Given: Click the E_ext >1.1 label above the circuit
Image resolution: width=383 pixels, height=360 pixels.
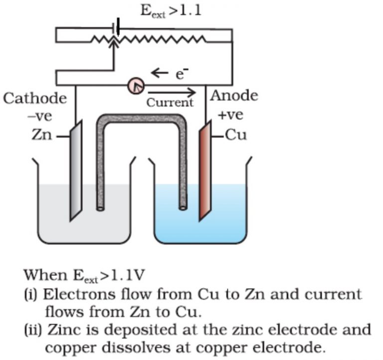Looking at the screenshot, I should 171,10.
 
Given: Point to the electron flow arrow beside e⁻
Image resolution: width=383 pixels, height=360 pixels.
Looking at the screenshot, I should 160,73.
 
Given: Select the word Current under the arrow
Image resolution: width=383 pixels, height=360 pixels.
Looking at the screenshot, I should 170,103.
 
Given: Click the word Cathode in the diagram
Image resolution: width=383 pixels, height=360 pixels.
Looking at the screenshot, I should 35,98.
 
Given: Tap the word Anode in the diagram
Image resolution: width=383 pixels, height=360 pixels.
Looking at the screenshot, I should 234,96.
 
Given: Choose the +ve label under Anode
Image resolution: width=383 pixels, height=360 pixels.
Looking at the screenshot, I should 230,115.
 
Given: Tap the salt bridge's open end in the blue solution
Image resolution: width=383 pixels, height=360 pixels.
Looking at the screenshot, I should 184,205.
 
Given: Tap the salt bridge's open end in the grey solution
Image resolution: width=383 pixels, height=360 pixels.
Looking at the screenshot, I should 100,205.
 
